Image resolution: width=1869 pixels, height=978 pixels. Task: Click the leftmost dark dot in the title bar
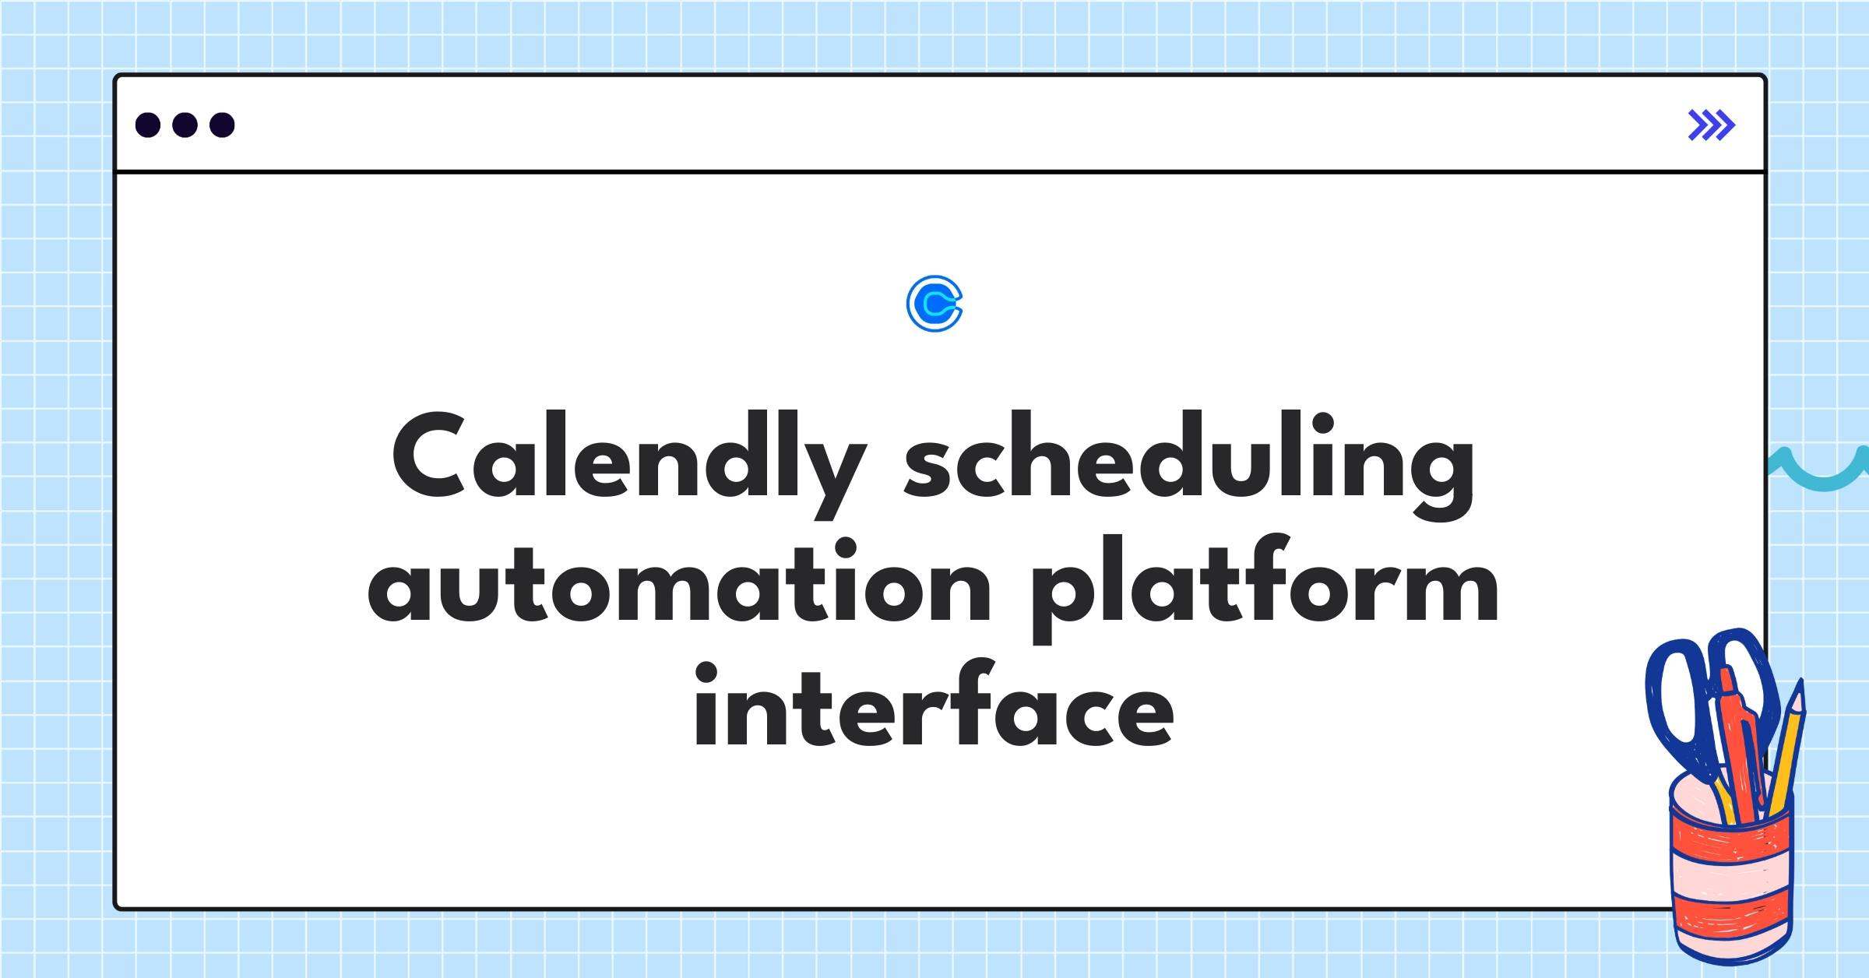[148, 125]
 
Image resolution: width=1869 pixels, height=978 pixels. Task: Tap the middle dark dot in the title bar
[185, 125]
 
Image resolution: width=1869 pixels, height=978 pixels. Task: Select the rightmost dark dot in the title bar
[222, 125]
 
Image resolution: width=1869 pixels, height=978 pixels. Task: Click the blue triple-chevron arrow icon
[1712, 125]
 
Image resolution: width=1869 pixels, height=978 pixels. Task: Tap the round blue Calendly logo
[935, 304]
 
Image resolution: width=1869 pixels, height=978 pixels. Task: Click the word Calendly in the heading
[629, 463]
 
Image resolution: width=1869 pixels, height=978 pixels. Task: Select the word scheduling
[1189, 464]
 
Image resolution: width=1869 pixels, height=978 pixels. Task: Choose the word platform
[1265, 588]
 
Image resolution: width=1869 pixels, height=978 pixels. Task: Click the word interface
[935, 702]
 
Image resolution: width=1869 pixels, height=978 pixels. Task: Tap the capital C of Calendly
[429, 453]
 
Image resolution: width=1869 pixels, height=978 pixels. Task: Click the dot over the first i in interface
[706, 674]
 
